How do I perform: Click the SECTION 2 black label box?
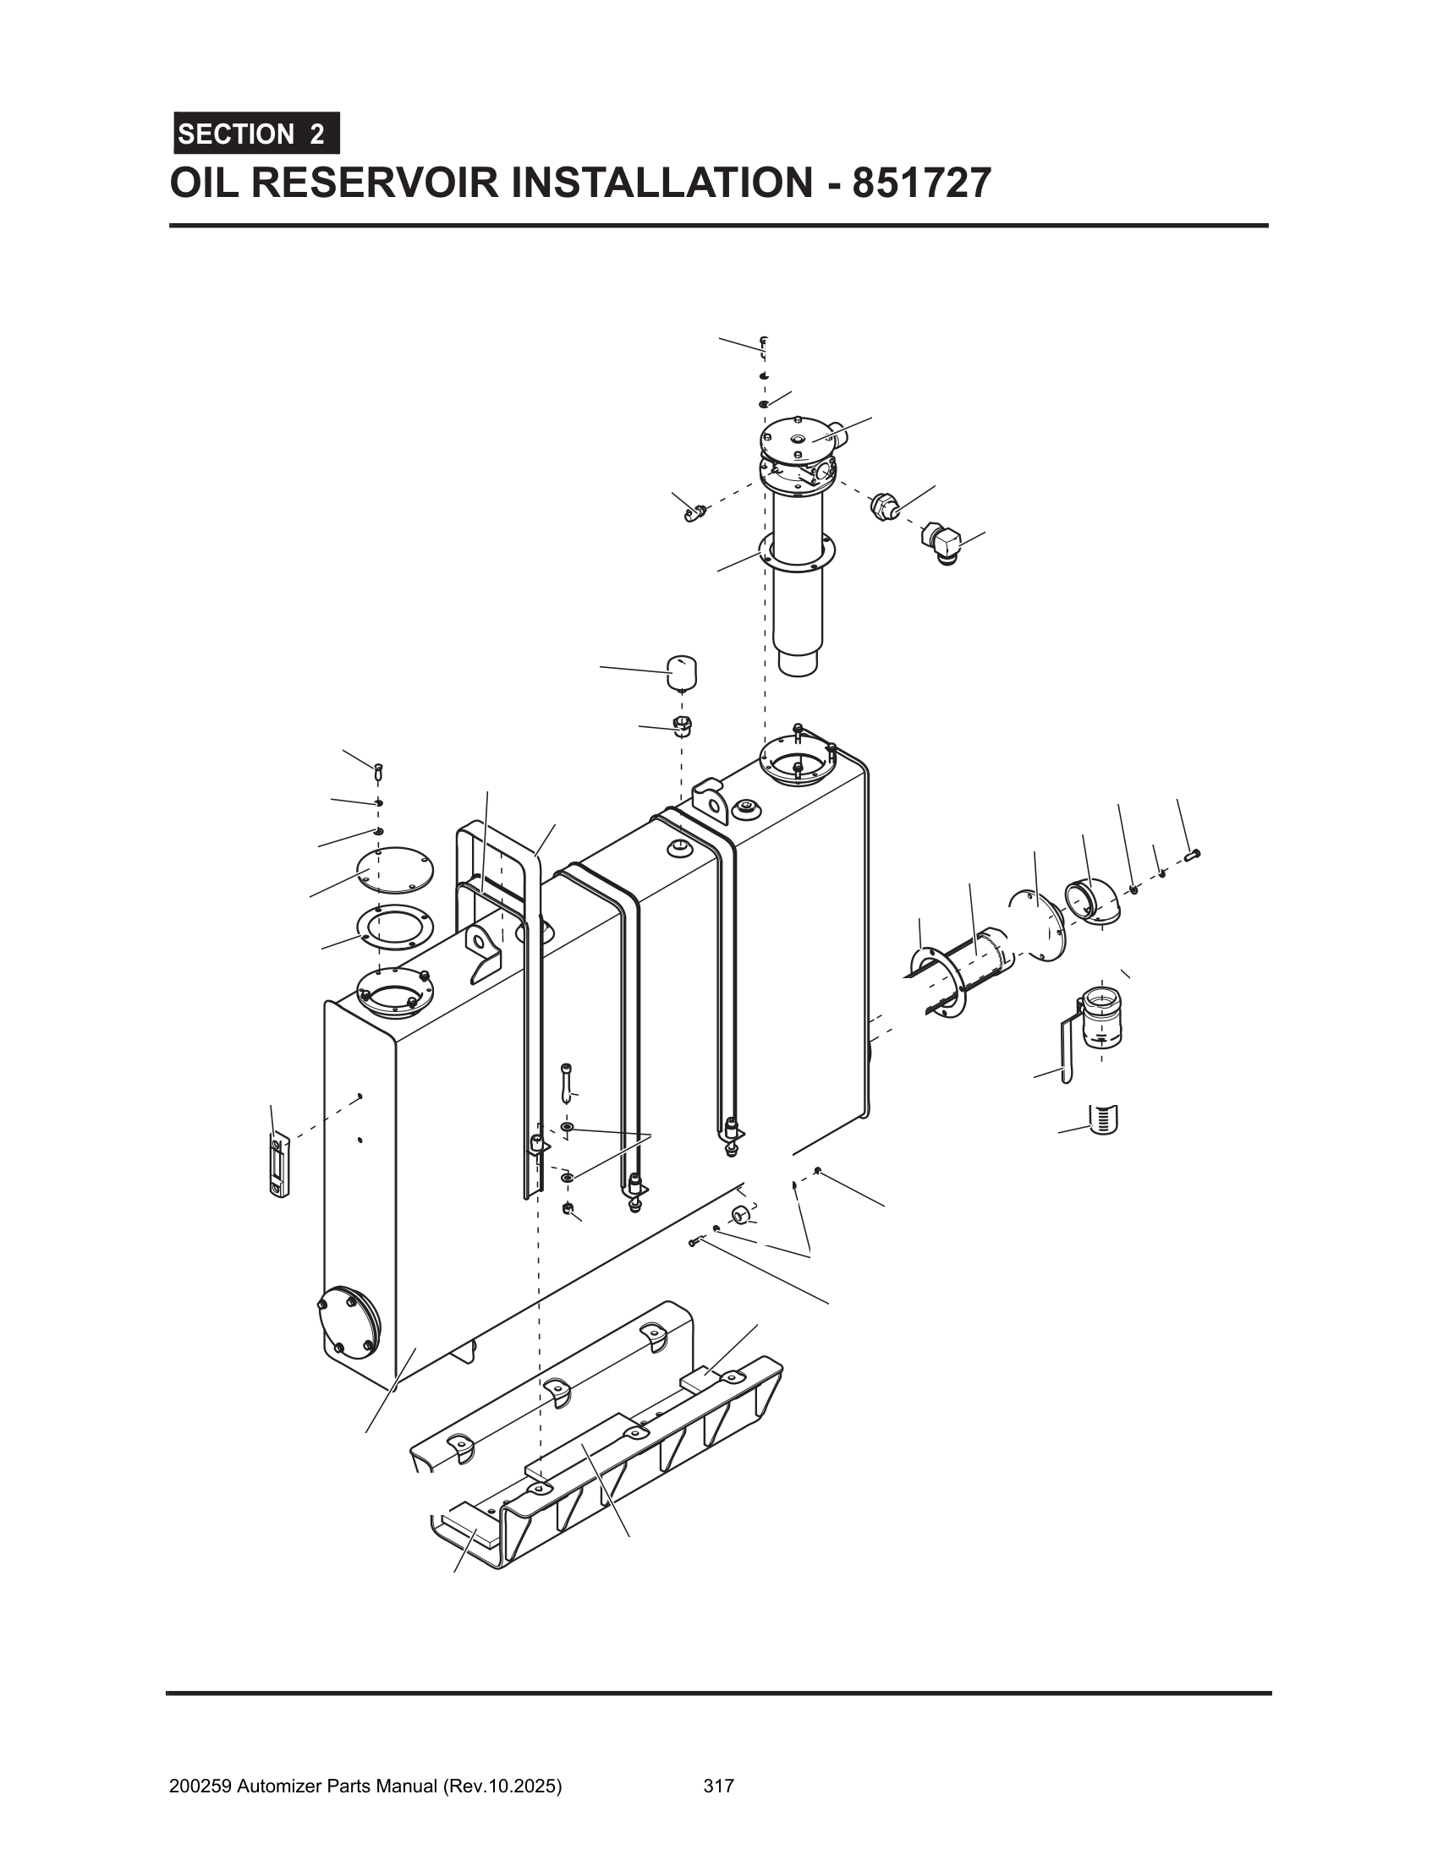[255, 134]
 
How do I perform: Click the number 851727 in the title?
[921, 183]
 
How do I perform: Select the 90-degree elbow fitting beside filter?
[941, 544]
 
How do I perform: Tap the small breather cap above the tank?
[681, 672]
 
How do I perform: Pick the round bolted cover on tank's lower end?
[349, 1319]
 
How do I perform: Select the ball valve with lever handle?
[1099, 1020]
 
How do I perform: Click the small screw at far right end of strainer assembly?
[1193, 853]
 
